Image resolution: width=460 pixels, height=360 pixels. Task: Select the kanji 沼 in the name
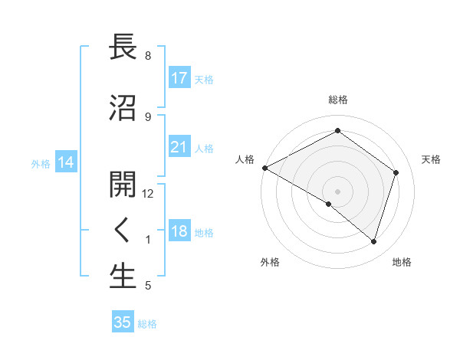(x=123, y=109)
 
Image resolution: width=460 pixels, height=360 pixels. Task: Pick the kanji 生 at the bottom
(x=123, y=277)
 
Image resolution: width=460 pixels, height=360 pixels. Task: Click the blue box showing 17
(x=179, y=77)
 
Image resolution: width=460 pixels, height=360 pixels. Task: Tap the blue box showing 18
(x=179, y=231)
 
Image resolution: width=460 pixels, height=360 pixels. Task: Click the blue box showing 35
(x=123, y=322)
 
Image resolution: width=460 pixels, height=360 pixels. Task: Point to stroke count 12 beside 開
(x=148, y=193)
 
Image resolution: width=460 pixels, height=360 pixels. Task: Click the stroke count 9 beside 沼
(x=148, y=116)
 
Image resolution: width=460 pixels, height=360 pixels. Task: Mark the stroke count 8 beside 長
(x=148, y=56)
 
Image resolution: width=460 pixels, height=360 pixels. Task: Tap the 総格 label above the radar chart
(x=337, y=100)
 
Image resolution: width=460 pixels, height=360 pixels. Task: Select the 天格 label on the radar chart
(x=431, y=159)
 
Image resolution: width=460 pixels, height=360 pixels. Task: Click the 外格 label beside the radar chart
(x=270, y=262)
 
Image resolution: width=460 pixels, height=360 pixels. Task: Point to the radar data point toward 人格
(x=264, y=168)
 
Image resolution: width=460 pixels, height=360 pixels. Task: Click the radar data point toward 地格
(x=373, y=241)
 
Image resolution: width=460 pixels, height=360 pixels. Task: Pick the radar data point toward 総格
(x=337, y=131)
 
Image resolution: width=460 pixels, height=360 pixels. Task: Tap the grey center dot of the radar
(x=337, y=191)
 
